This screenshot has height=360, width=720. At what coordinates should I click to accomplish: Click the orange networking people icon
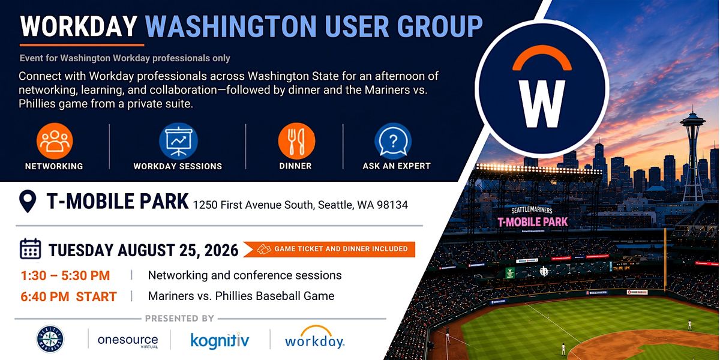tap(55, 141)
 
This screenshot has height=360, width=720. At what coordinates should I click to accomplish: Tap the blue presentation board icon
tap(178, 141)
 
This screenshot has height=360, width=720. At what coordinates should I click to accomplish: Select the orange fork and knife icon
tap(296, 141)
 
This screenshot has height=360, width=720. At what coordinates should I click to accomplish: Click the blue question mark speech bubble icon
tap(393, 141)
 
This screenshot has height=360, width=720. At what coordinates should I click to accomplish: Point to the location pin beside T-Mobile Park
tap(28, 201)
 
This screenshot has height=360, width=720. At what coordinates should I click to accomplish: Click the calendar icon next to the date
tap(30, 249)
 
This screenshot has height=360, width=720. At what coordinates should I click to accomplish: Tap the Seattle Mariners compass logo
tap(50, 339)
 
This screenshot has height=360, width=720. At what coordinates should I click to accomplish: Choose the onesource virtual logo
tap(128, 341)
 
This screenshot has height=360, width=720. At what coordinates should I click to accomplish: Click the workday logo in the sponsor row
tap(314, 337)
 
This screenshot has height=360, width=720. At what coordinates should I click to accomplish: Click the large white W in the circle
tap(542, 103)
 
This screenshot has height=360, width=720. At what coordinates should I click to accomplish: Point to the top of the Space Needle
tap(692, 106)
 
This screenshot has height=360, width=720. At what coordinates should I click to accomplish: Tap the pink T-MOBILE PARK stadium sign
tap(533, 222)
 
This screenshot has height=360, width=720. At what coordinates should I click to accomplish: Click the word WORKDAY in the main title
tap(79, 26)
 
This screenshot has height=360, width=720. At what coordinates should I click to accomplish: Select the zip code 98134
tap(392, 205)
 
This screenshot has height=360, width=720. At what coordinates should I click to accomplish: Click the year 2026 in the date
tap(221, 250)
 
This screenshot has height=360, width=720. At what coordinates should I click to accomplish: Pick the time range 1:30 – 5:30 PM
tap(65, 275)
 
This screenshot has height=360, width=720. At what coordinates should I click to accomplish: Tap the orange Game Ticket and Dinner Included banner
tap(329, 249)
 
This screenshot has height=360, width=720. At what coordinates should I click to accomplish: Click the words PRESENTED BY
tap(179, 319)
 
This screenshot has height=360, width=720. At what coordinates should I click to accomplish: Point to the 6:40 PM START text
tap(68, 296)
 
